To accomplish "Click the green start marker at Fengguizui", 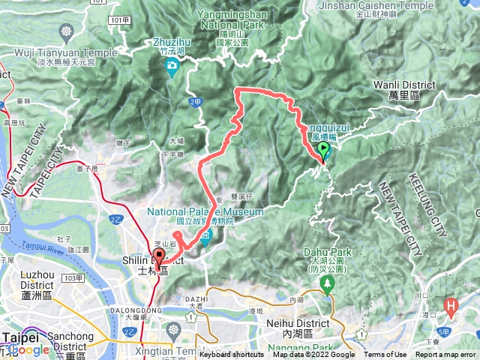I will [x=324, y=151].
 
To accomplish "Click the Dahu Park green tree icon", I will [x=327, y=283].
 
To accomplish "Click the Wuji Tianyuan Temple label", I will [x=67, y=52].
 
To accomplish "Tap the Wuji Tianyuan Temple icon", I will [x=67, y=33].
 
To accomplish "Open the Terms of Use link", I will [x=385, y=355].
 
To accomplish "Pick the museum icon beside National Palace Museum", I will [x=207, y=237].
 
